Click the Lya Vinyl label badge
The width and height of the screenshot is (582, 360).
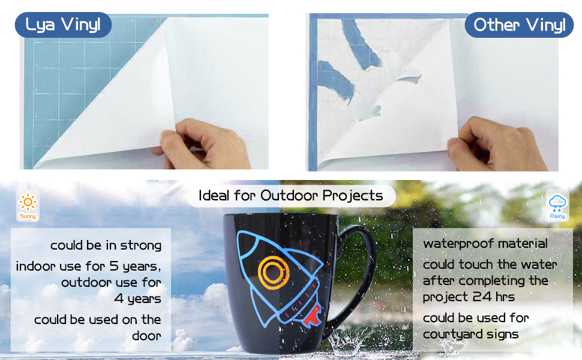63,25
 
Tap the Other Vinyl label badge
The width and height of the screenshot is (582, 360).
519,25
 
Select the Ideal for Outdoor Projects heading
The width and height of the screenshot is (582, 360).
290,196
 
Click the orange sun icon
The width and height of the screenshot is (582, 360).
28,202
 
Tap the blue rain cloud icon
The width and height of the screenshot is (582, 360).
557,203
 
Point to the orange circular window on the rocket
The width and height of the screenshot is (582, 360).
274,273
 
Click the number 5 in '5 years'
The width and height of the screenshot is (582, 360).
114,266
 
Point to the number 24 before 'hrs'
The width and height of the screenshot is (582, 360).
482,296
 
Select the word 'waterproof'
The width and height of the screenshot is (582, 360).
455,244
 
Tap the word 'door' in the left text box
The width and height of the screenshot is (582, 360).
146,335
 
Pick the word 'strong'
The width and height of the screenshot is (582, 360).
140,245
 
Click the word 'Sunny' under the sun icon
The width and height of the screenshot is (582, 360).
28,216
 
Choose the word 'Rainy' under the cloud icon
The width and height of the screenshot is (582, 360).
557,216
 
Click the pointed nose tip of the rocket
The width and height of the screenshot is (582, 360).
239,233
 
